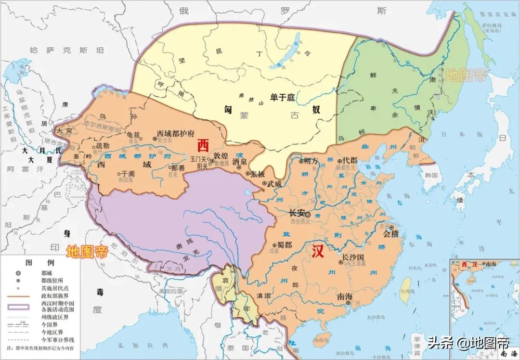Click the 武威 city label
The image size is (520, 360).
click(x=274, y=184)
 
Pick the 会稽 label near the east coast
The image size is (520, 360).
click(x=391, y=234)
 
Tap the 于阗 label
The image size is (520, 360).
click(x=127, y=174)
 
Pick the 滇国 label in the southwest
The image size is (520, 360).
click(x=263, y=295)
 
